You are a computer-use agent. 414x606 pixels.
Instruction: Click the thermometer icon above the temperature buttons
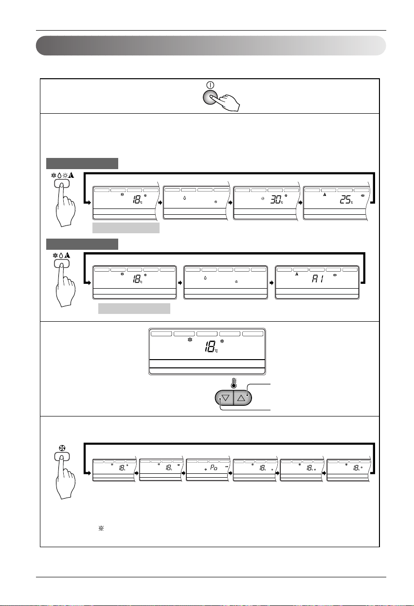coord(234,383)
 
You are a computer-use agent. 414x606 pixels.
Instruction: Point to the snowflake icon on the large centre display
coord(190,341)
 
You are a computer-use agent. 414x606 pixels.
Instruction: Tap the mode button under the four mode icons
coord(61,183)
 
